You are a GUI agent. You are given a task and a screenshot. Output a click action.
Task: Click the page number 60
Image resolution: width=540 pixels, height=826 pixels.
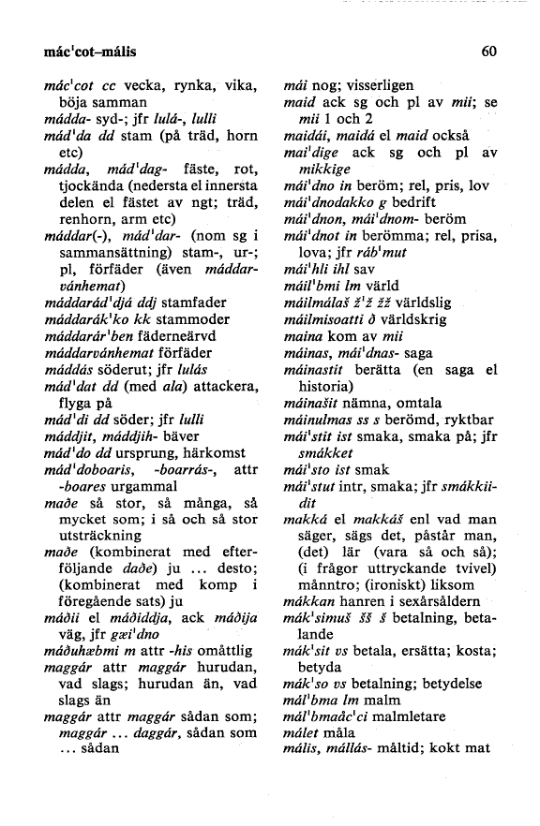pyautogui.click(x=487, y=52)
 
